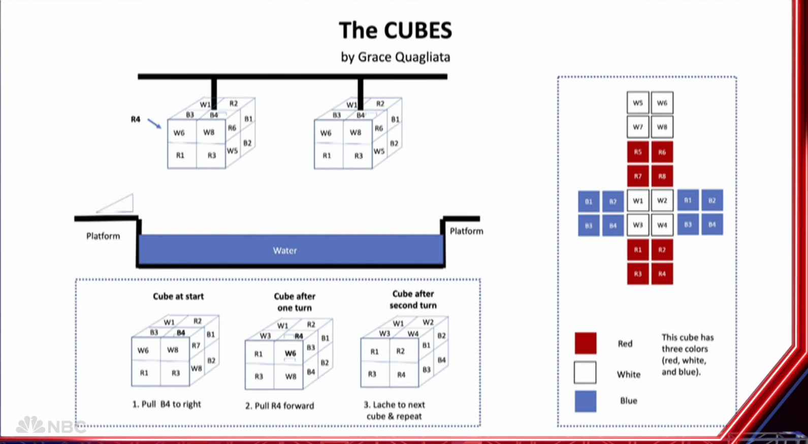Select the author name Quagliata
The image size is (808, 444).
[420, 57]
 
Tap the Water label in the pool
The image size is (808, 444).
[284, 250]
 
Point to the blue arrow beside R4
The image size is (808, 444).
[154, 123]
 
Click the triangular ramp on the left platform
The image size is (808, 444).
[118, 204]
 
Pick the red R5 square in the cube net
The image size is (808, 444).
[638, 152]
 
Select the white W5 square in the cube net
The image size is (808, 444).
[638, 103]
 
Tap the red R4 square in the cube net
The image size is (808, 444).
[662, 274]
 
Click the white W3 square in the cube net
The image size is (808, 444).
[638, 225]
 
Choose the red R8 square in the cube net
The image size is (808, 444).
[662, 176]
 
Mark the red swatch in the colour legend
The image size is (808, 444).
[585, 343]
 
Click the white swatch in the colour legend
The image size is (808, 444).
[585, 372]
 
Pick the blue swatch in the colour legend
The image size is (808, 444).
[585, 401]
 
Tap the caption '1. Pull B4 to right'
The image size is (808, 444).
[167, 404]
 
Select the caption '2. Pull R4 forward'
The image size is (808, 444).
[280, 406]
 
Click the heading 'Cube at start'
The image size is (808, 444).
[178, 297]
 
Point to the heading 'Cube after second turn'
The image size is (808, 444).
[413, 300]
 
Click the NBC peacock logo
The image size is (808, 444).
[30, 425]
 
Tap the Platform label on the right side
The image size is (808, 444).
[466, 231]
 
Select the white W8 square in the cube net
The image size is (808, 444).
[662, 127]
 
